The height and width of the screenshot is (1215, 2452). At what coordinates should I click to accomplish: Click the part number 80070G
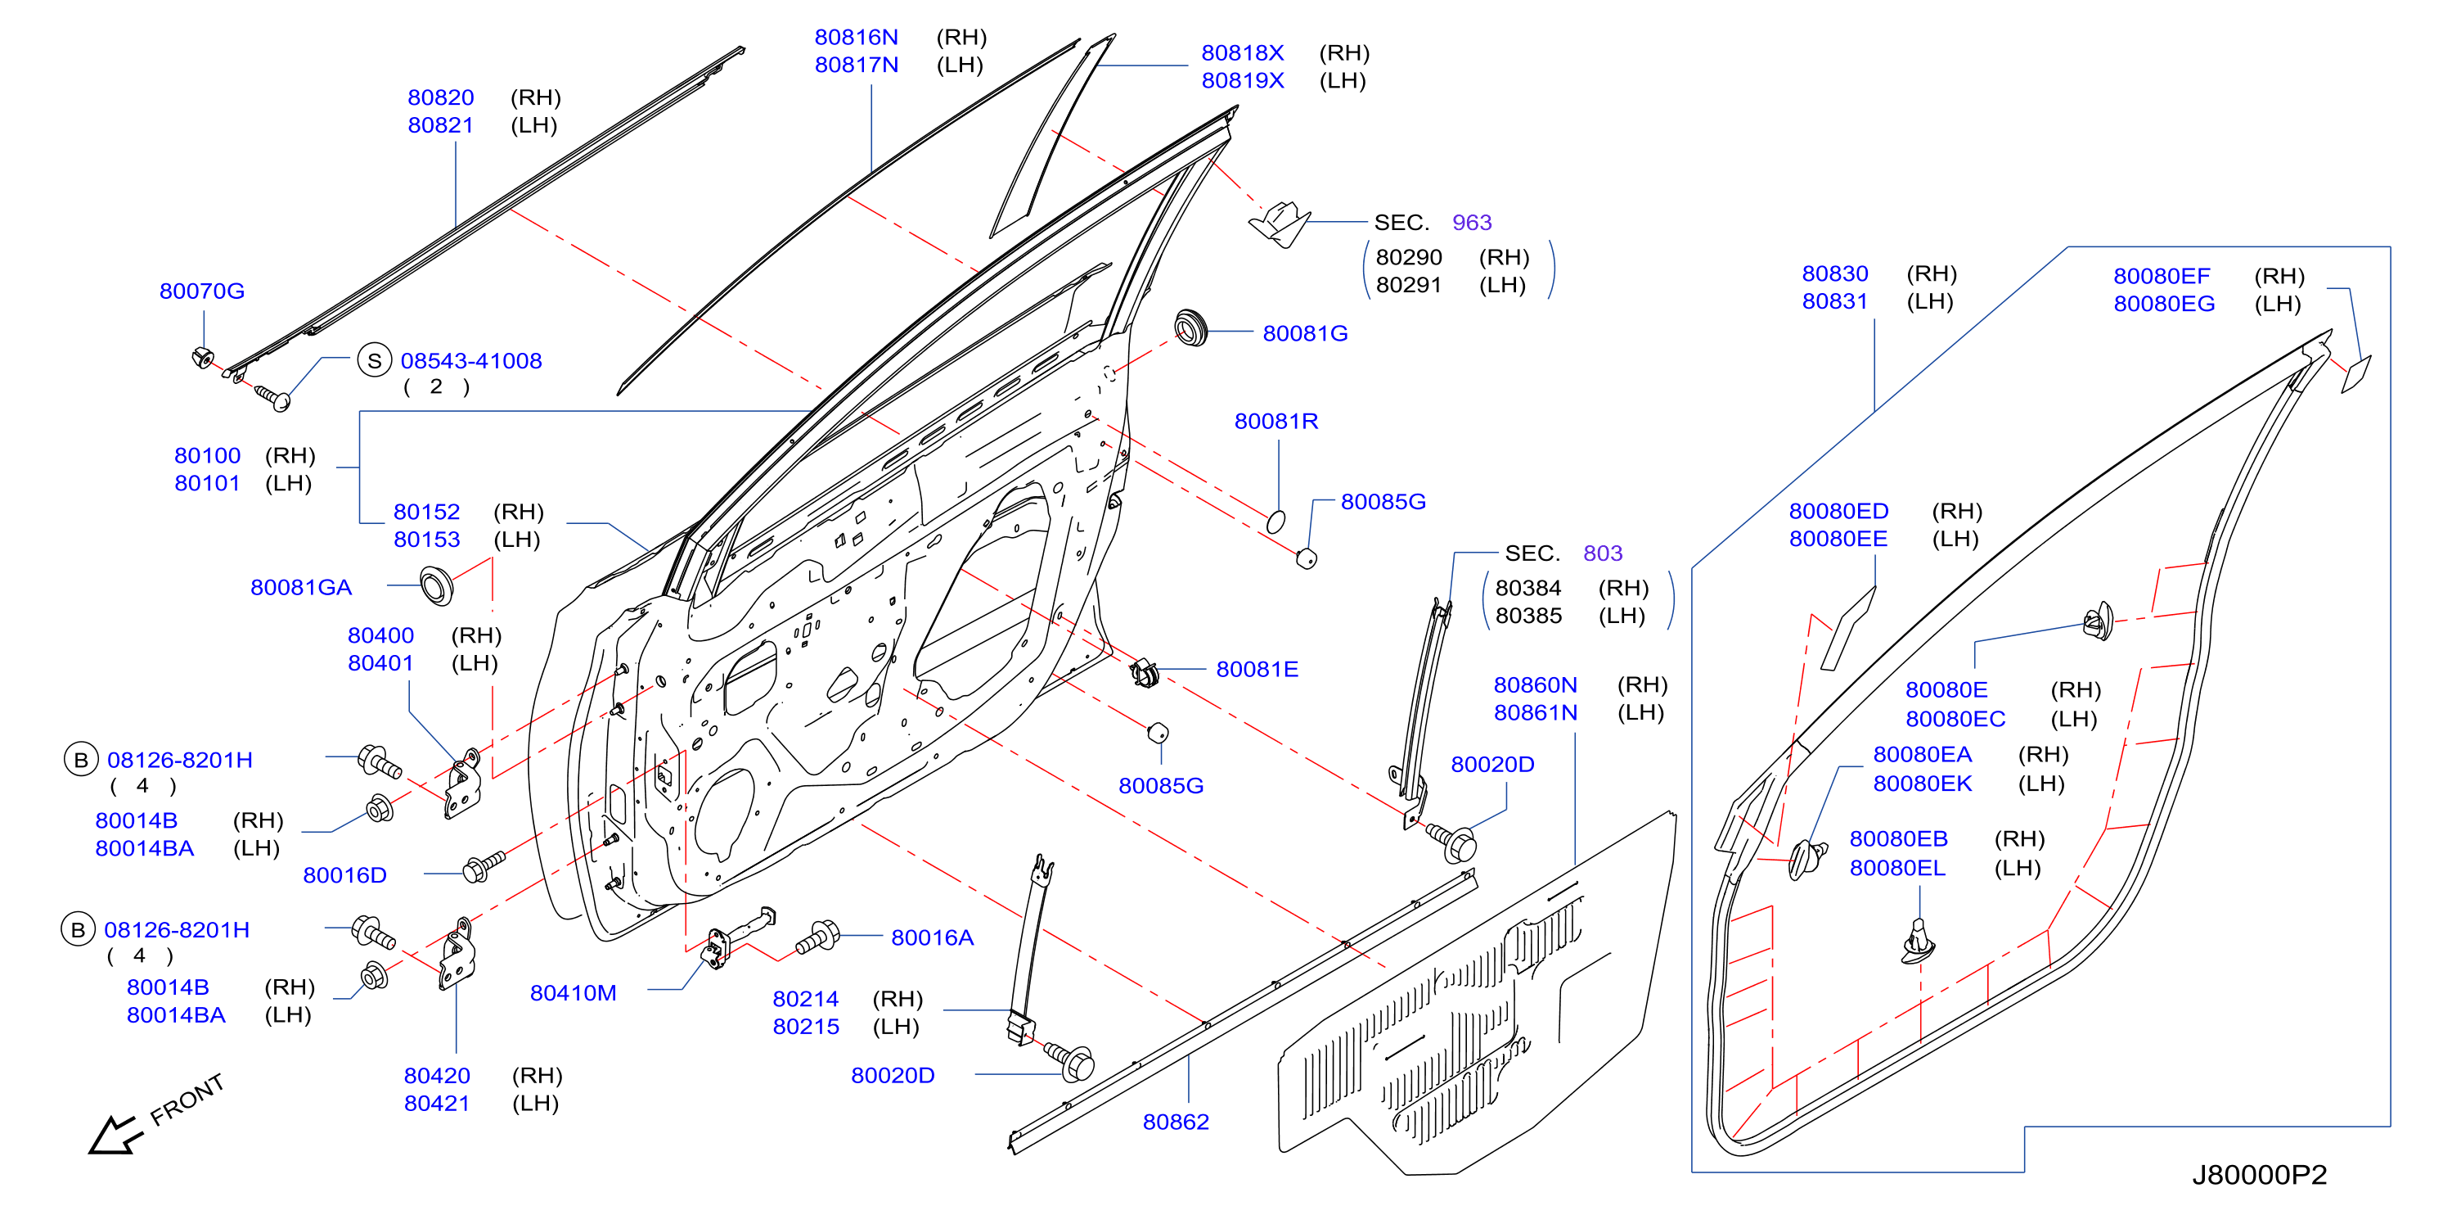click(x=202, y=291)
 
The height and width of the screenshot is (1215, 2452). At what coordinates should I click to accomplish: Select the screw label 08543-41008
click(x=471, y=361)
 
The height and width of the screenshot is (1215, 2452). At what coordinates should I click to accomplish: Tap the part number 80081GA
click(x=301, y=588)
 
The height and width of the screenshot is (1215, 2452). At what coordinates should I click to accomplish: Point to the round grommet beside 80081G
click(x=1190, y=327)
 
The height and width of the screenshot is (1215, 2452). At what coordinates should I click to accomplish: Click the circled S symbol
click(x=374, y=361)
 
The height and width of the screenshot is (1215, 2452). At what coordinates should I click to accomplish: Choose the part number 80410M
click(x=573, y=993)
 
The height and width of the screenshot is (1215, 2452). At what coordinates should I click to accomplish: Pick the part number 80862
click(x=1176, y=1122)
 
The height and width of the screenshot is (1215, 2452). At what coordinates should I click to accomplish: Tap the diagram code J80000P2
click(x=2260, y=1175)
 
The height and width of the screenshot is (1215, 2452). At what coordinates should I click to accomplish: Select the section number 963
click(x=1472, y=223)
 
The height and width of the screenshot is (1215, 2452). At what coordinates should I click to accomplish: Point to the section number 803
click(x=1603, y=553)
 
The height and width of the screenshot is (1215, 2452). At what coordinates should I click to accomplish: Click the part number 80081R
click(x=1276, y=421)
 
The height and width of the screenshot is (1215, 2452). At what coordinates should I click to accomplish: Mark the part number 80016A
click(x=932, y=938)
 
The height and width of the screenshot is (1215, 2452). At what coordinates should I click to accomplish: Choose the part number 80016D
click(x=344, y=875)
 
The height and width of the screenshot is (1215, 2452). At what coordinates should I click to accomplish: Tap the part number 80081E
click(x=1257, y=670)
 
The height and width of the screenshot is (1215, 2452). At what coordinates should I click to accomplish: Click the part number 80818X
click(x=1242, y=53)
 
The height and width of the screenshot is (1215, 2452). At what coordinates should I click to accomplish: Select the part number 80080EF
click(x=2162, y=276)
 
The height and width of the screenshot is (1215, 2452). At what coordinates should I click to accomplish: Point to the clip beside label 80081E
click(x=1143, y=672)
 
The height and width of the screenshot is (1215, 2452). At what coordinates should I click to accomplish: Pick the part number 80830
click(x=1835, y=273)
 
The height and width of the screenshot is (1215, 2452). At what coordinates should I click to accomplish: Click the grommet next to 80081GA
click(x=436, y=585)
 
